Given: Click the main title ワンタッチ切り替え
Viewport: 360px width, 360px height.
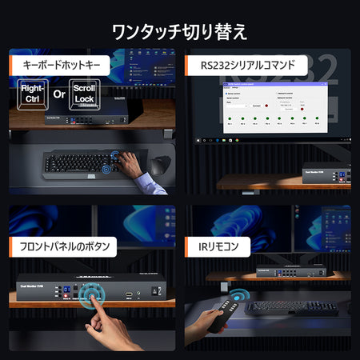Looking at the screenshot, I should (179, 32).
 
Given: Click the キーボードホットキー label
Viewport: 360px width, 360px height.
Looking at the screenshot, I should (61, 65).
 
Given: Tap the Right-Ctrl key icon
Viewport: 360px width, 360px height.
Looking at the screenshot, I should (30, 94).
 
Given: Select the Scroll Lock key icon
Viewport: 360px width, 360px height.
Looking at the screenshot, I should (84, 93).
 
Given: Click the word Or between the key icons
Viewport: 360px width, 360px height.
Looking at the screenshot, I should (58, 94).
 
